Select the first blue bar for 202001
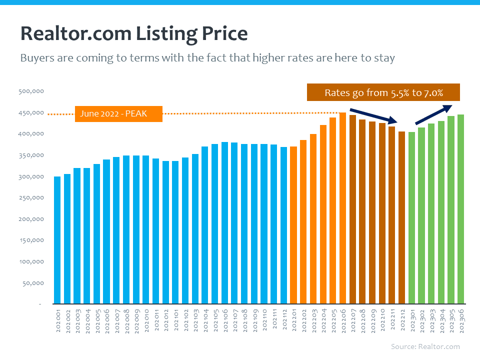(x=57, y=240)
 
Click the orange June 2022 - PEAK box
(x=118, y=113)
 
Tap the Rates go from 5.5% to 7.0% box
(x=383, y=92)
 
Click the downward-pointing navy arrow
(x=373, y=115)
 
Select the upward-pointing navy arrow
(x=433, y=114)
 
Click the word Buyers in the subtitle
(x=36, y=58)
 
